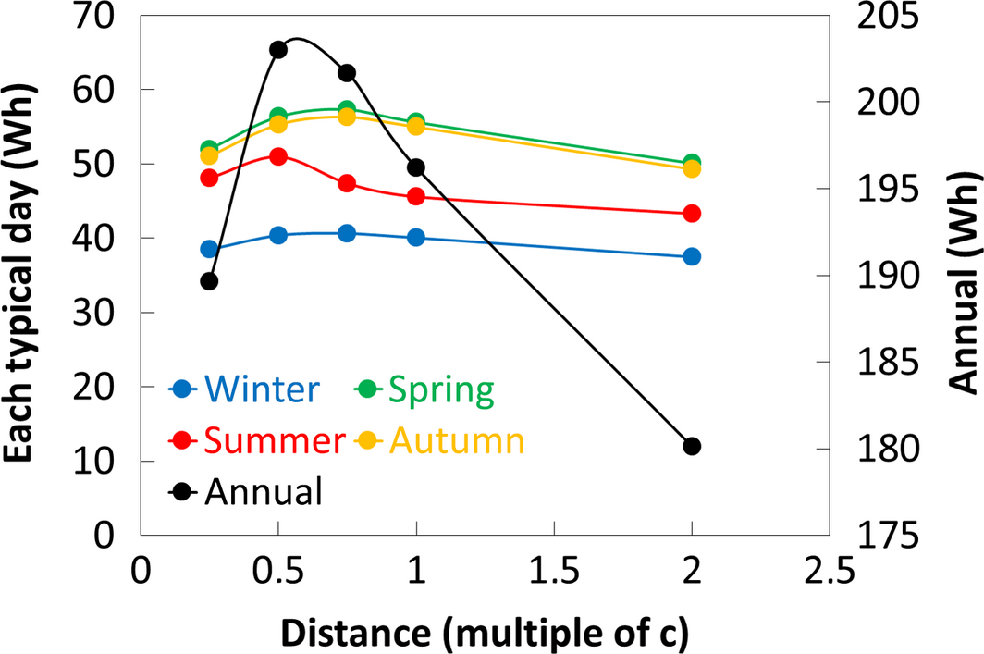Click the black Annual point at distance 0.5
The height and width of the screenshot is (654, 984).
point(278,50)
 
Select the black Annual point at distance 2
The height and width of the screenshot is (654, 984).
point(692,447)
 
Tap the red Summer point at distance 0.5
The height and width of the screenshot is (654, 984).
point(278,156)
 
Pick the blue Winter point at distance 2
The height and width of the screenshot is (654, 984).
point(692,256)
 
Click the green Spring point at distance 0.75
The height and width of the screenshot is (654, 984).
point(347,109)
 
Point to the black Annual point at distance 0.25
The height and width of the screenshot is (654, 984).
point(209,281)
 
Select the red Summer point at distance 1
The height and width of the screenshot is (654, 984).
point(416,196)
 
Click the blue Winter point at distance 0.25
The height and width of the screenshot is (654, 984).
point(209,249)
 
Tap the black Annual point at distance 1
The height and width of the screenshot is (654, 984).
point(416,167)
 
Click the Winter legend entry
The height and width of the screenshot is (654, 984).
point(245,389)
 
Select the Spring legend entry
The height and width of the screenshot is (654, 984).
point(424,389)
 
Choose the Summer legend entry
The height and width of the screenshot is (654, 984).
point(257,440)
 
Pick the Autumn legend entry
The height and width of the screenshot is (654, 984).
point(440,440)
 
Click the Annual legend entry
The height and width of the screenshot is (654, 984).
point(245,491)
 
